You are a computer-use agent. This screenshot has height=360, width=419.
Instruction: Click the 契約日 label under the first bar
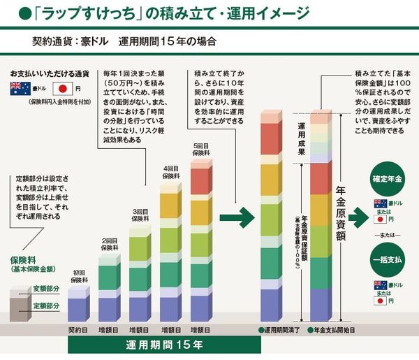click(77, 329)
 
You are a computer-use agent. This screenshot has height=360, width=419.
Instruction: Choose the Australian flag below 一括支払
click(381, 285)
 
